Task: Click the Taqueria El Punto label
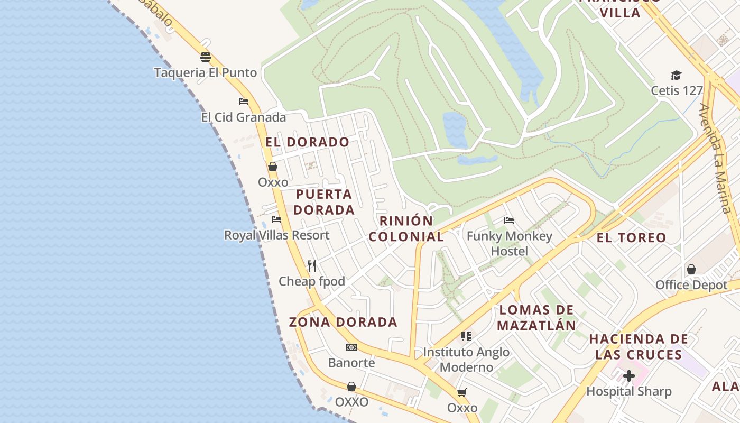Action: (x=206, y=72)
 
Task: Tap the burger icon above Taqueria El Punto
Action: (x=206, y=57)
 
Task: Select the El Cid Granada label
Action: (x=244, y=117)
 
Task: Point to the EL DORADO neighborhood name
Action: (x=307, y=142)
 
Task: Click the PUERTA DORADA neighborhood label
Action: (x=324, y=202)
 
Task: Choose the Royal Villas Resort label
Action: (x=276, y=235)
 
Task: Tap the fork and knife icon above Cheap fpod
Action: (x=312, y=265)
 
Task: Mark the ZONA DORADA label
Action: (x=343, y=322)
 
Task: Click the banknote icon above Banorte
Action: (x=351, y=347)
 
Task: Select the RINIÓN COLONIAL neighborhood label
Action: (x=406, y=228)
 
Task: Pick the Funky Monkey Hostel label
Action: (x=510, y=243)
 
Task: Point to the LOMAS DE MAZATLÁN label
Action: (x=536, y=317)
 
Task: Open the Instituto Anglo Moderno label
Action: (x=466, y=359)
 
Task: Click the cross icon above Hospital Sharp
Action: (x=629, y=376)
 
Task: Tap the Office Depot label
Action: (x=691, y=285)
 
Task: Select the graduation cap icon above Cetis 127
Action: (x=676, y=75)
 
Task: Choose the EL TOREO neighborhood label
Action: (x=631, y=237)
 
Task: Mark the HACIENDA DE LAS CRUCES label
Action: (x=639, y=346)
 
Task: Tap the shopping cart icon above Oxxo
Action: (x=462, y=392)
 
